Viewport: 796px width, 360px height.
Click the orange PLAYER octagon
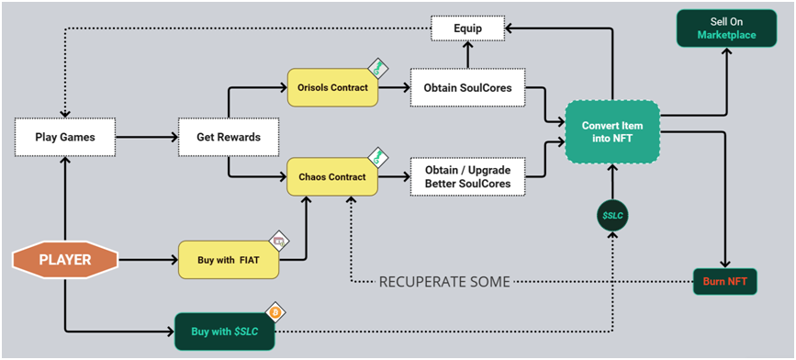coord(65,260)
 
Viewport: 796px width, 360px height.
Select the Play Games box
coord(65,137)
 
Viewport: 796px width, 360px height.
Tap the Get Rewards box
coord(229,137)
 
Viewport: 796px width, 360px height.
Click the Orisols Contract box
coord(332,87)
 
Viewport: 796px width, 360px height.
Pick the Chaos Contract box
coord(332,176)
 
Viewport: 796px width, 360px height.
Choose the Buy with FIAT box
coord(229,260)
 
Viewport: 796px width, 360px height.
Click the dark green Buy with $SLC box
coord(224,332)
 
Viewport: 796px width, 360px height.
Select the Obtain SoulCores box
coord(467,87)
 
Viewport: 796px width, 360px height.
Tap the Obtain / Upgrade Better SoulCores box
coord(467,176)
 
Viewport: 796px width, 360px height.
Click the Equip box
coord(467,28)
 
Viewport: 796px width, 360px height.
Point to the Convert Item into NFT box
coord(612,131)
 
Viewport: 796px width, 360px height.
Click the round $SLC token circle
coord(612,216)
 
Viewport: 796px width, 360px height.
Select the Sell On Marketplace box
coord(726,28)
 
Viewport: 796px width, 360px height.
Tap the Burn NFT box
coord(725,281)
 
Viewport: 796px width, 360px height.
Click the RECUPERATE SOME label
coord(444,282)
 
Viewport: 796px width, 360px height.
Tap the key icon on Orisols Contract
coord(378,68)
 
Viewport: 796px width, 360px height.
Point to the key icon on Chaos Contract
coord(378,157)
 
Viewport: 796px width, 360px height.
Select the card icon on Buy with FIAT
coord(279,241)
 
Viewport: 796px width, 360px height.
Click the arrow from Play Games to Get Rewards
coord(147,137)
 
